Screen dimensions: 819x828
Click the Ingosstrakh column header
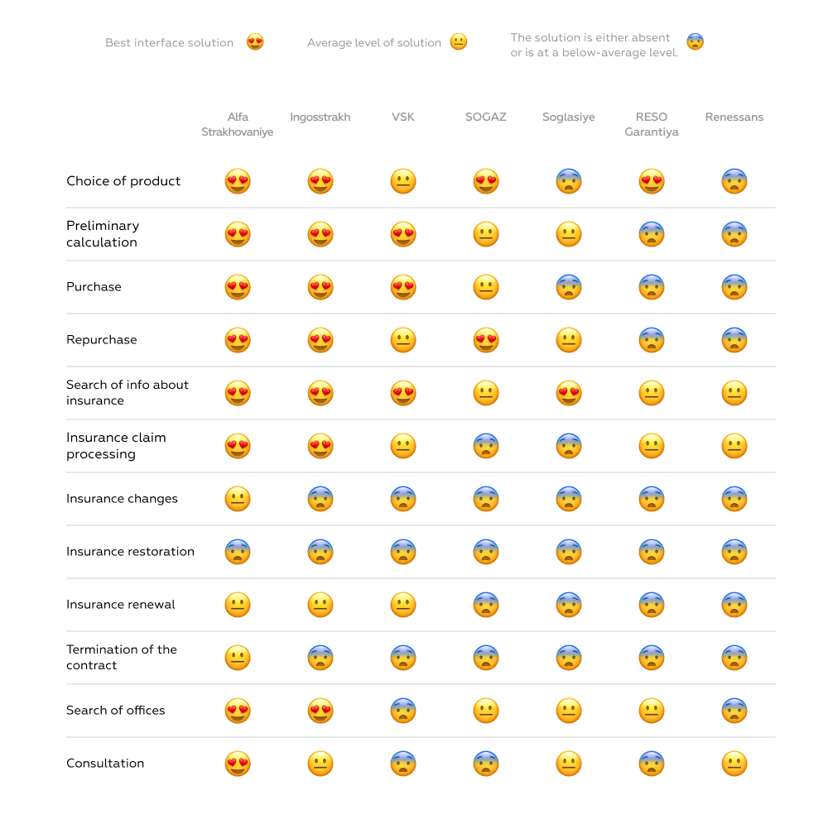pos(320,117)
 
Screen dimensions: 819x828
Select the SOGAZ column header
pos(485,117)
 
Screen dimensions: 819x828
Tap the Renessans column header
pos(734,117)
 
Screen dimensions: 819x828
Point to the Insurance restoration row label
pos(130,552)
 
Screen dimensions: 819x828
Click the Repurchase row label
pos(101,340)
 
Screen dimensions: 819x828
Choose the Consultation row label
pos(105,764)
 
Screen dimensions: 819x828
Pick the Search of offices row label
pos(115,711)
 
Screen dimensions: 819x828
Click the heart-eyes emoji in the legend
pos(255,42)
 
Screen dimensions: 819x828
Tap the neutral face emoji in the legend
pos(459,42)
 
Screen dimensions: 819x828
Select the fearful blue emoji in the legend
pos(696,42)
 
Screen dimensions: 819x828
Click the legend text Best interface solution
pos(169,43)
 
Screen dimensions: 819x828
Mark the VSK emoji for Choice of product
pos(403,181)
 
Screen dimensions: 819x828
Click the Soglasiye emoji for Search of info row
pos(569,393)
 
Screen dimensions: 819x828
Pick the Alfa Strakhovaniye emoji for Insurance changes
pos(238,499)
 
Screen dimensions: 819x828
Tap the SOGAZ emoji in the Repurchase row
pos(486,340)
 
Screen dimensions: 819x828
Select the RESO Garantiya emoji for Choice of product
pos(652,181)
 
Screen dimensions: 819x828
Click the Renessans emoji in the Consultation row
pos(734,764)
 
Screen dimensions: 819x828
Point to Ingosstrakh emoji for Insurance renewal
pos(320,605)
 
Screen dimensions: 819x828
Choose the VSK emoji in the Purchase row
pos(403,287)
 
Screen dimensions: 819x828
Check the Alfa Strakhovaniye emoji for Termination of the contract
pos(238,658)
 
